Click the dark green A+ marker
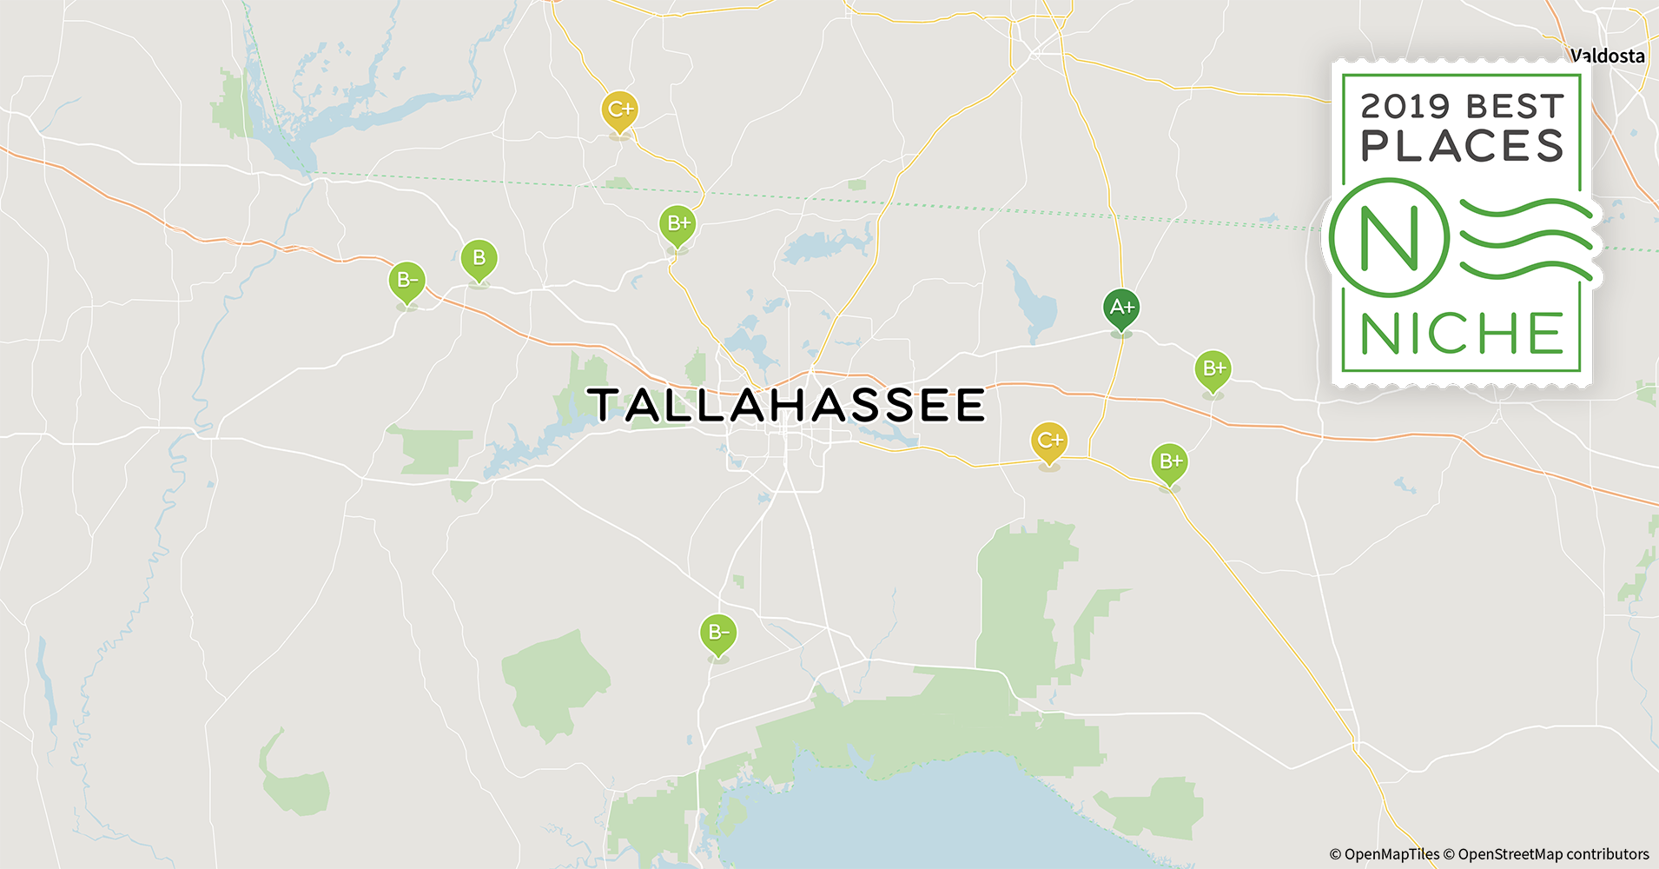tap(1121, 308)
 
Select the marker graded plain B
tap(479, 258)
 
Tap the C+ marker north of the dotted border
tap(619, 109)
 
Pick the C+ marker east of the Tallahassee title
tap(1049, 441)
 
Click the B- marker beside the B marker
tap(406, 281)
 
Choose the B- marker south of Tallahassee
tap(718, 633)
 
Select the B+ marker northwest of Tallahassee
tap(677, 224)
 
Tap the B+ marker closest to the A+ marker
tap(1213, 369)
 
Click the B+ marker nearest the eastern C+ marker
tap(1169, 461)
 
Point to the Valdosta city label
tap(1608, 56)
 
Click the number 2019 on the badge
tap(1405, 107)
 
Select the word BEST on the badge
tap(1515, 107)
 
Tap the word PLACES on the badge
tap(1462, 146)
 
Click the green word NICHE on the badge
tap(1462, 334)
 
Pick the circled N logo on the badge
tap(1389, 237)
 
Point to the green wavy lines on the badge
tap(1526, 238)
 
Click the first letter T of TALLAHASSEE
tap(605, 406)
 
